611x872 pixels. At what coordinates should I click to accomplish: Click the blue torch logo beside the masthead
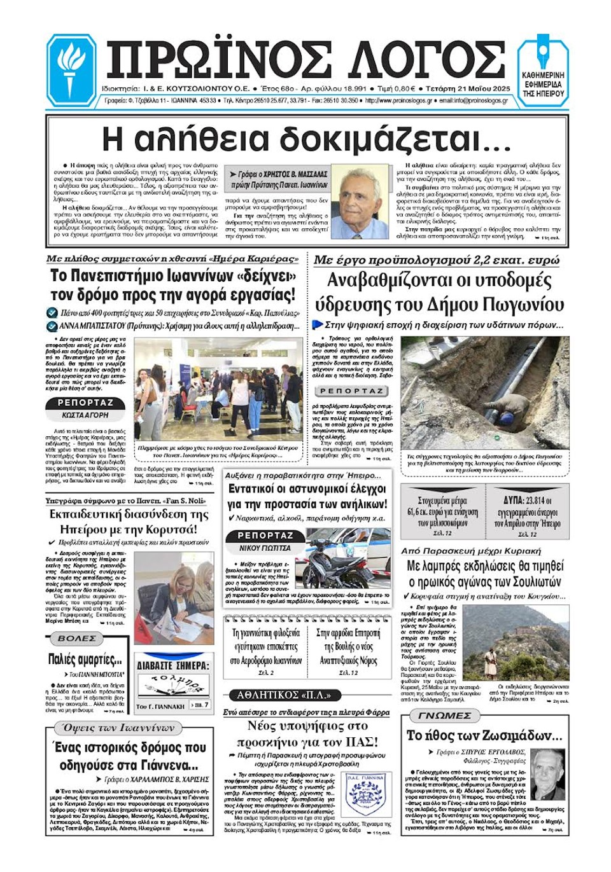pos(71,69)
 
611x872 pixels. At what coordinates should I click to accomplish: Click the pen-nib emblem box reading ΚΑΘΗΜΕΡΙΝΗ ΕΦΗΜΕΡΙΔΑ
pos(543,69)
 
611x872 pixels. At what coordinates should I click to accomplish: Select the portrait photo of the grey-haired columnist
pos(360,203)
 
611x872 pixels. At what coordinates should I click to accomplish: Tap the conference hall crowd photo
pos(218,389)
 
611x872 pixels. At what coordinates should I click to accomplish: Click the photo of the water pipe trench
pos(484,392)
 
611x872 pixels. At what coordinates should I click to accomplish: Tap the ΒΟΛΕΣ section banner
pos(77,638)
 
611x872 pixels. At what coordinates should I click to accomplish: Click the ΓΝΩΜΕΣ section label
pos(444,716)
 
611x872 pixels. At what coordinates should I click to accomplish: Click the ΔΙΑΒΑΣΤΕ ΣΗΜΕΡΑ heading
pos(173,665)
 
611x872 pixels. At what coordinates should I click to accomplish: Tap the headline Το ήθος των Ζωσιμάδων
pos(484,736)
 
